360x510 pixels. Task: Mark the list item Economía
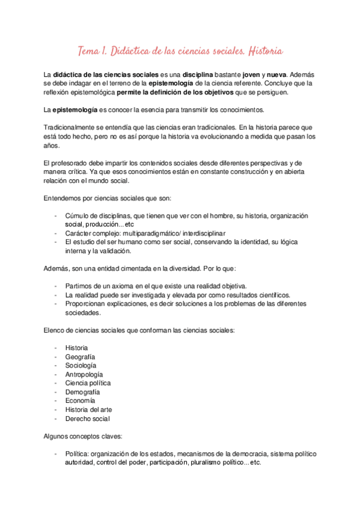[81, 401]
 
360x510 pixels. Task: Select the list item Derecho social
[88, 419]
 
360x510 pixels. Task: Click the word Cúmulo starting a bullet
[78, 215]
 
